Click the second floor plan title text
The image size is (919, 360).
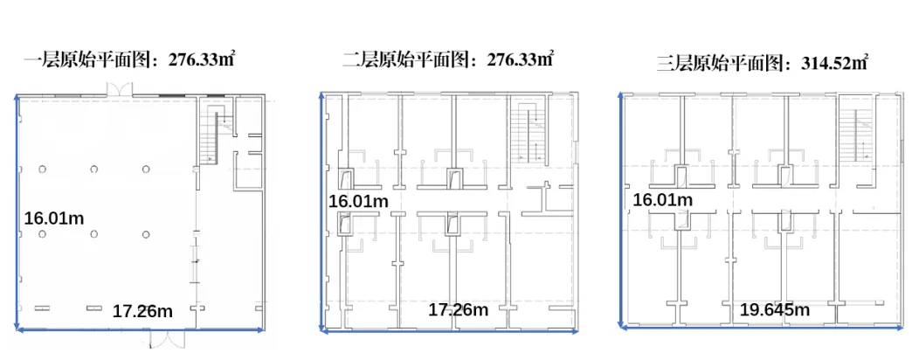click(448, 60)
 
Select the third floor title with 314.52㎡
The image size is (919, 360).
click(762, 63)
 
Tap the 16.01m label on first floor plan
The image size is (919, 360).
click(55, 218)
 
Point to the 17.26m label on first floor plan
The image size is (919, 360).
click(143, 310)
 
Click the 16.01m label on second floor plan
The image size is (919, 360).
click(358, 201)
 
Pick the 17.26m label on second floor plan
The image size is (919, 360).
click(458, 309)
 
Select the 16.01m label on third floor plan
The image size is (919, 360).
click(662, 200)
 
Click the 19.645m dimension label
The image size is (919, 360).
click(774, 309)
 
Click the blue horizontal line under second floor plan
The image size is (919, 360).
click(449, 331)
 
